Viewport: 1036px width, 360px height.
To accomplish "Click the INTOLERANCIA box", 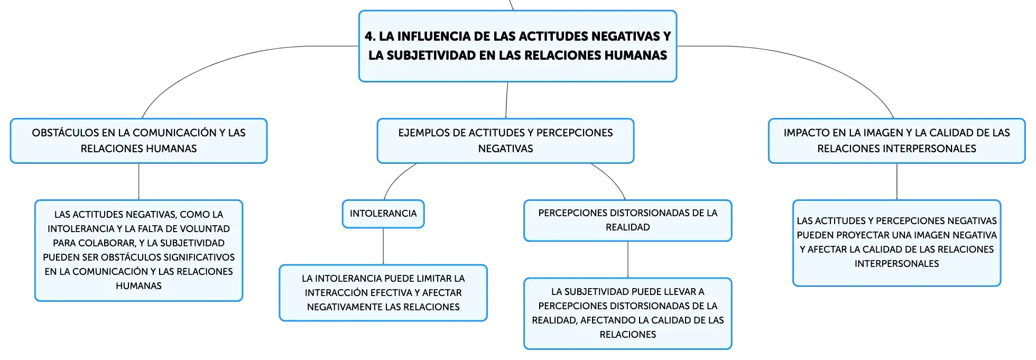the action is tap(383, 214).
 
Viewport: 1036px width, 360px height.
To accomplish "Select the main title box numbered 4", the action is tap(517, 46).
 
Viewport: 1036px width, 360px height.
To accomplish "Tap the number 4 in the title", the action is tap(369, 36).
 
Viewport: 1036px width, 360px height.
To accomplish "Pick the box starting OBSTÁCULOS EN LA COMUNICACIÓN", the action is tap(138, 141).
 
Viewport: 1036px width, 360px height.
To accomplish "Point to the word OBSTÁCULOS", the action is tap(66, 133).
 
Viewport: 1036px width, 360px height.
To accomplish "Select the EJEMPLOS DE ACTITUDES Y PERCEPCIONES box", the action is tap(505, 141).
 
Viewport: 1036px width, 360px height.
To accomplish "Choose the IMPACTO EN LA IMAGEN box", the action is tap(896, 141).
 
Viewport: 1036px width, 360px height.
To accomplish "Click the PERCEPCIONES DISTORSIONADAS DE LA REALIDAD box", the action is tap(627, 220).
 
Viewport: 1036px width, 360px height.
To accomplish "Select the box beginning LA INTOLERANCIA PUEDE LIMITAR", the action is tap(383, 293).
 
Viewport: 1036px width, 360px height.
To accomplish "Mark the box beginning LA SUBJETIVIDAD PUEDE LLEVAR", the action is tap(627, 313).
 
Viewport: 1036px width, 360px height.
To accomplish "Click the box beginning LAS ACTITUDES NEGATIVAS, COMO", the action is tap(138, 251).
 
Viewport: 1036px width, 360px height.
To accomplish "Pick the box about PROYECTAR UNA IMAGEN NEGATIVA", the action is tap(896, 243).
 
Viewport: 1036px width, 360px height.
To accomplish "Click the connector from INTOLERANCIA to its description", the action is tap(383, 246).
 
